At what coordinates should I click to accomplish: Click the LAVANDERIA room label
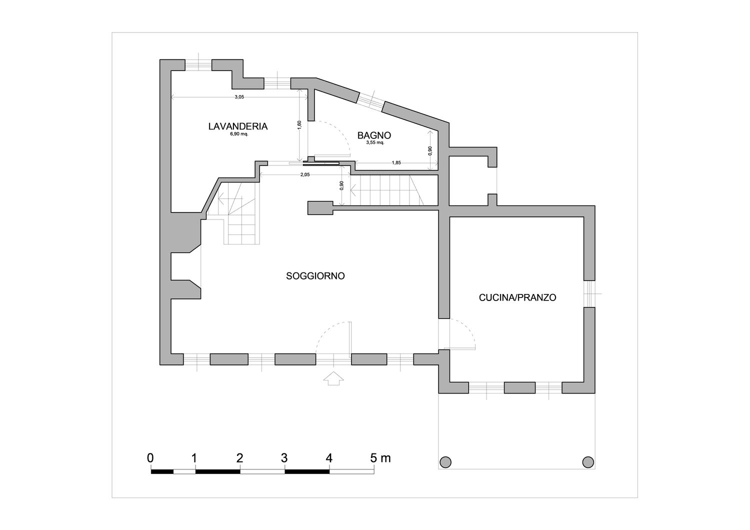(x=237, y=126)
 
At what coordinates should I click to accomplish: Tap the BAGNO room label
(x=374, y=135)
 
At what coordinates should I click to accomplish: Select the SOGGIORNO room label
(x=315, y=276)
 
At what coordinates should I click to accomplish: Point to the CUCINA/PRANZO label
(x=517, y=297)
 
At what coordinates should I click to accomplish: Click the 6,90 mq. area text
(x=238, y=134)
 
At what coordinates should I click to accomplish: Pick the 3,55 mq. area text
(x=375, y=142)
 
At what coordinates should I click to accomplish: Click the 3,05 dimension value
(x=239, y=97)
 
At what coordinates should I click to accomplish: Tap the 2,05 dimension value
(x=304, y=174)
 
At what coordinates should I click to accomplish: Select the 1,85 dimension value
(x=396, y=163)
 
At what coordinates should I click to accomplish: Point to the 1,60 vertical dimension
(x=299, y=125)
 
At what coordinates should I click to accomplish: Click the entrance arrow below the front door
(x=333, y=378)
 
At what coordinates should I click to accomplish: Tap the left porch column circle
(x=445, y=462)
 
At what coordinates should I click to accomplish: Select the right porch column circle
(x=588, y=462)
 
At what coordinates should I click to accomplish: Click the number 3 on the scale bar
(x=284, y=457)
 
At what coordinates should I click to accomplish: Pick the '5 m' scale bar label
(x=380, y=457)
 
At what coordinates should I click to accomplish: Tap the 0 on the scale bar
(x=150, y=457)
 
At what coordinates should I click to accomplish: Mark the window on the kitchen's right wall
(x=589, y=293)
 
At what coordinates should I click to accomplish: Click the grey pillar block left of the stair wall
(x=320, y=207)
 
